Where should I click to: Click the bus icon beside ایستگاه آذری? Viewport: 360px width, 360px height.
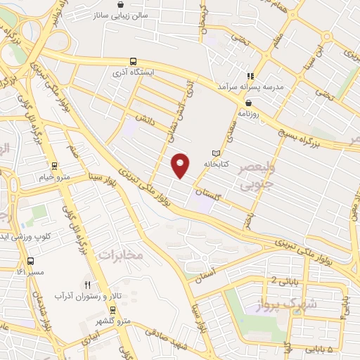point(133,62)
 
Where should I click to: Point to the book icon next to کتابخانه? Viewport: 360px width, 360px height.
point(216,153)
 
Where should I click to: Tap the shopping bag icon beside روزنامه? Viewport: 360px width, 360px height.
point(249,102)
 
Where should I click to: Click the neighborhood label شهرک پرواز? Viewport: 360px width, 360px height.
point(313,302)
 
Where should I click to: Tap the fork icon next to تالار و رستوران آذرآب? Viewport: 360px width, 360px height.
point(87,285)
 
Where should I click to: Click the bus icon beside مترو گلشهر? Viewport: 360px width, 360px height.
point(111,309)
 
